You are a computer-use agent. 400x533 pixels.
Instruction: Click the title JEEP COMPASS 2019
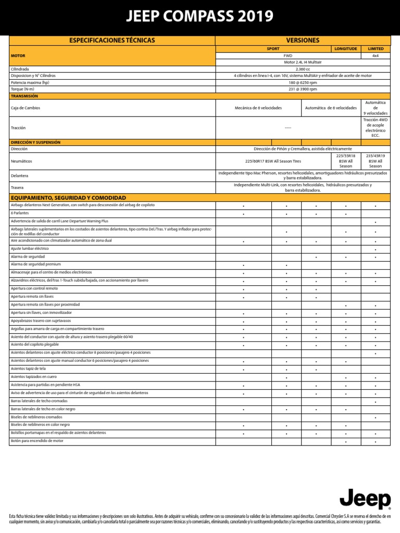pos(199,17)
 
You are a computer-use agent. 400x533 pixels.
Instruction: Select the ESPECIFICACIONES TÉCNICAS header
pos(113,40)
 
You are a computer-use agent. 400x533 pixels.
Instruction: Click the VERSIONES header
pos(303,40)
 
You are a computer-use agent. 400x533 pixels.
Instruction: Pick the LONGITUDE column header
pos(346,48)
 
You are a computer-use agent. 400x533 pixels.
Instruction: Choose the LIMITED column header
pos(376,48)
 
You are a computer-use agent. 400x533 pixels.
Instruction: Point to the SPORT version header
pos(273,48)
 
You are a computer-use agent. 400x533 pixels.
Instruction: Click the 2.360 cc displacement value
pos(303,69)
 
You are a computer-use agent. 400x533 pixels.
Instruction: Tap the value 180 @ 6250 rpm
pos(303,82)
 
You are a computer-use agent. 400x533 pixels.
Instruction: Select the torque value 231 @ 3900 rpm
pos(303,89)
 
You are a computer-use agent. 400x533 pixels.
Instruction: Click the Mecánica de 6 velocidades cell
pos(258,108)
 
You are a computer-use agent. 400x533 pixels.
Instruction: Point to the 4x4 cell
pos(376,55)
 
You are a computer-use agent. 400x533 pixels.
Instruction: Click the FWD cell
pos(288,55)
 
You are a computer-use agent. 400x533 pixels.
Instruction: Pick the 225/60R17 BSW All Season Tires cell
pos(273,161)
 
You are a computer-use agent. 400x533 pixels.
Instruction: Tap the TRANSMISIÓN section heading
pos(24,96)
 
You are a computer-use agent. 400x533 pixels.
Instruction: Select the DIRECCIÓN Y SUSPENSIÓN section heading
pos(35,142)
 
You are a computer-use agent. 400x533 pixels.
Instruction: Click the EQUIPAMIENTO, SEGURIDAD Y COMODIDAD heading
pos(68,198)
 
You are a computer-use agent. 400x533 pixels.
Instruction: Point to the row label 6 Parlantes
pos(20,213)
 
